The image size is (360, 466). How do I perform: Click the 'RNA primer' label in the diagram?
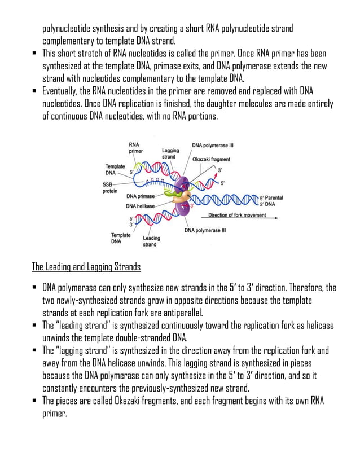(x=135, y=148)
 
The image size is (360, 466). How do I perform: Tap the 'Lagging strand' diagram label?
(x=170, y=153)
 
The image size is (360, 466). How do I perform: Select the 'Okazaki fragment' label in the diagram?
(x=211, y=160)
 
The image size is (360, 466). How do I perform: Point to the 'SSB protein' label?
(x=110, y=187)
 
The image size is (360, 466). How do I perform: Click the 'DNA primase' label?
(x=140, y=196)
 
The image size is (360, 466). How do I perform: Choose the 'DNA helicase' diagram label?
(x=140, y=206)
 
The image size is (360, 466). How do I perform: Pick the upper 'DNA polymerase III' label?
(x=213, y=145)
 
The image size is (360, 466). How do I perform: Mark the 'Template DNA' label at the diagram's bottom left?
(x=120, y=238)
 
